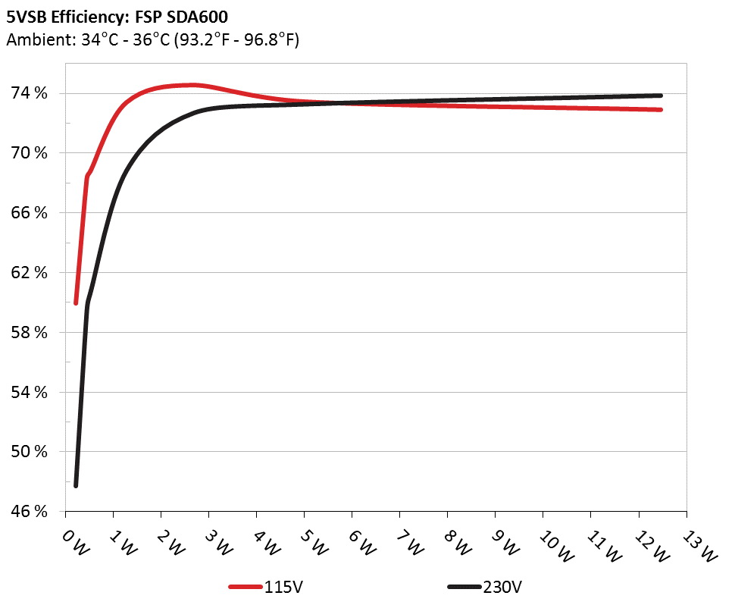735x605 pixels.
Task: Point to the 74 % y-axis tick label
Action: tap(30, 93)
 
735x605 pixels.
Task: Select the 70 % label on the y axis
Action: tap(30, 153)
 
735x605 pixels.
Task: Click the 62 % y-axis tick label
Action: tap(30, 272)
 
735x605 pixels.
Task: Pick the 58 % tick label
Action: tap(30, 332)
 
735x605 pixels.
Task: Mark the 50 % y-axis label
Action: tap(30, 452)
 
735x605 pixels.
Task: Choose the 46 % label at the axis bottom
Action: tap(30, 512)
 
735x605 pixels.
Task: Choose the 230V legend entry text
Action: tap(502, 587)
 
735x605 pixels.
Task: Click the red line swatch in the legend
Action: tap(246, 587)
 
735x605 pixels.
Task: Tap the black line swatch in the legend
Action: tap(464, 587)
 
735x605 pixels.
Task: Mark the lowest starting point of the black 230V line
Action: tap(76, 485)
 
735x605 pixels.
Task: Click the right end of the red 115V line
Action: tap(661, 110)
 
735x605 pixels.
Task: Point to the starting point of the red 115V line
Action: tap(76, 302)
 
